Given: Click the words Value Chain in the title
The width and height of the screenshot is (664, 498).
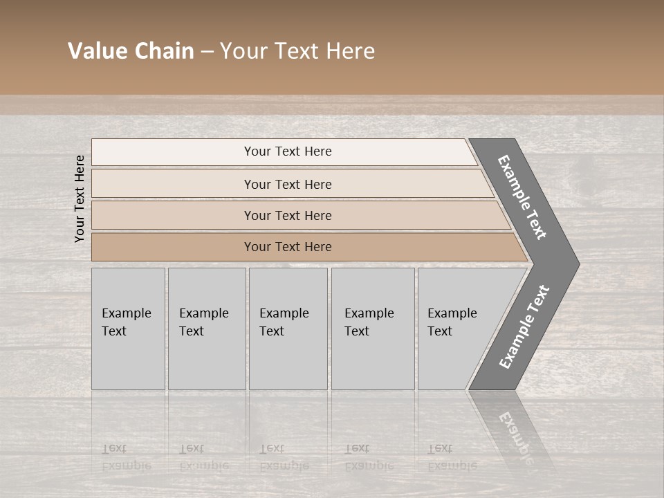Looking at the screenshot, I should pos(131,51).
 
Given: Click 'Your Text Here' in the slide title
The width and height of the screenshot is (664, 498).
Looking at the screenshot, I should pos(297,51).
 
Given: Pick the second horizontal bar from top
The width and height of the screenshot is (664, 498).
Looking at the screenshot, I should pos(288,184).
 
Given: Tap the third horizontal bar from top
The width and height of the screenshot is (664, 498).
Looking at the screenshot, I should pos(288,215).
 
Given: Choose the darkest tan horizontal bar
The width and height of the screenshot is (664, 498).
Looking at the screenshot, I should pos(288,247).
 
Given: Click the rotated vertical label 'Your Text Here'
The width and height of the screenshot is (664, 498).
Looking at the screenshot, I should pos(80,199).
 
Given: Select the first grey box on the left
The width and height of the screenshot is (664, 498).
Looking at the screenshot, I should pos(128,329).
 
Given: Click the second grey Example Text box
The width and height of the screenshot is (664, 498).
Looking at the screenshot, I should pos(206,329).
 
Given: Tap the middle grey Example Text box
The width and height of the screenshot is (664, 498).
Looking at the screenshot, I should pos(288,329).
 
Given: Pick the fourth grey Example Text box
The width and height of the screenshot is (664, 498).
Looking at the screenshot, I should pos(373,329).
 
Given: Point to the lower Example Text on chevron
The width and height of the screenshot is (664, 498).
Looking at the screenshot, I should pos(524,327).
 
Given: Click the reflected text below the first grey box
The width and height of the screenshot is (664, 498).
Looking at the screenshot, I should pos(126,457).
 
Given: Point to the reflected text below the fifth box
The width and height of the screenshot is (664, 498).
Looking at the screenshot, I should pos(452,457).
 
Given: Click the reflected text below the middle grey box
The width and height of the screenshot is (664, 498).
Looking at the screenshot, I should pos(284,457).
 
